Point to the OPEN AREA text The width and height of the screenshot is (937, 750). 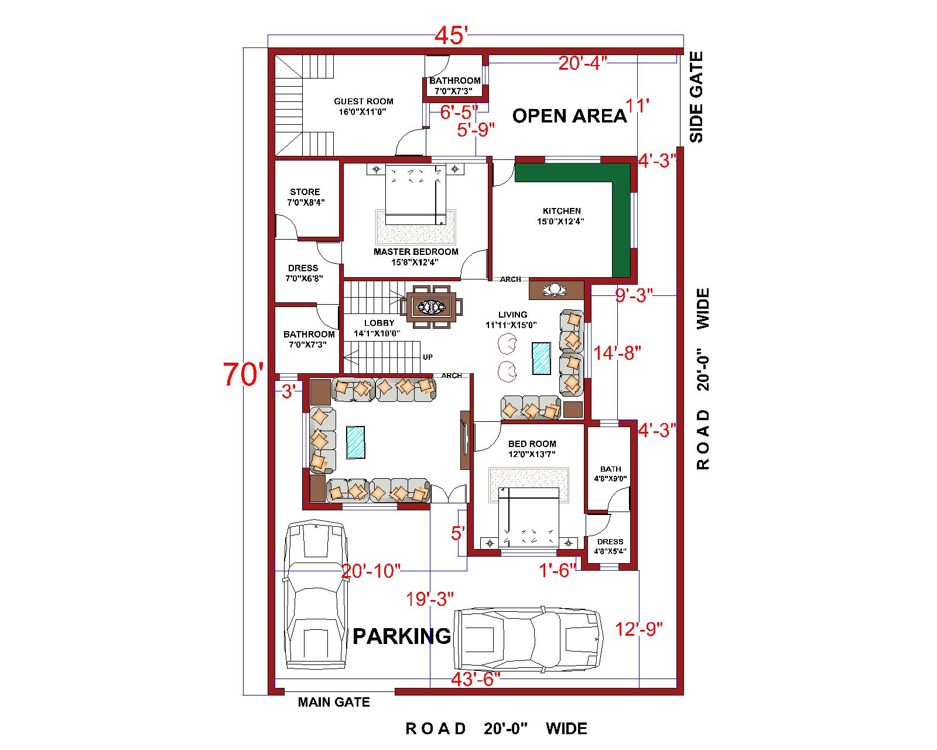pos(569,115)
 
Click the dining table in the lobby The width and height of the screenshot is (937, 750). pos(432,306)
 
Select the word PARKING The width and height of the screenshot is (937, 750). pos(402,635)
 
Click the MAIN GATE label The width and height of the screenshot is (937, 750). pos(334,701)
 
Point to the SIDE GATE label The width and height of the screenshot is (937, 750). pos(696,97)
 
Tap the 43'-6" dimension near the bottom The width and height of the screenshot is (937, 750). pos(475,679)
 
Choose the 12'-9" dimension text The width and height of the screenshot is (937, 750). pos(639,629)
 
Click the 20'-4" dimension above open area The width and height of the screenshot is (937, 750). pos(582,63)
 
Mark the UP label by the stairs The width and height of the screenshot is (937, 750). pos(428,357)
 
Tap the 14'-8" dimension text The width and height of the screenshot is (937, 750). pos(617,353)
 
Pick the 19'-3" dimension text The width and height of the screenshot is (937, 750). pos(431,599)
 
